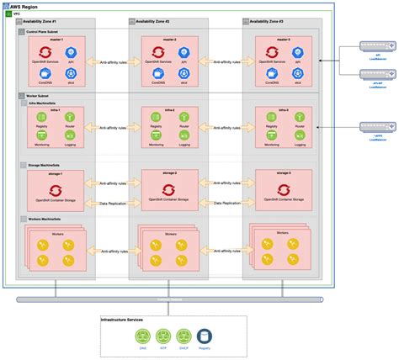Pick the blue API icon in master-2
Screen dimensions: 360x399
184,53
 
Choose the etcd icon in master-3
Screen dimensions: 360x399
297,73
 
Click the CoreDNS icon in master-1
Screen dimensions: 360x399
42,73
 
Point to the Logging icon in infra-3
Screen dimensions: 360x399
297,134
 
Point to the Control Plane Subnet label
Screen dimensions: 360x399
42,31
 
